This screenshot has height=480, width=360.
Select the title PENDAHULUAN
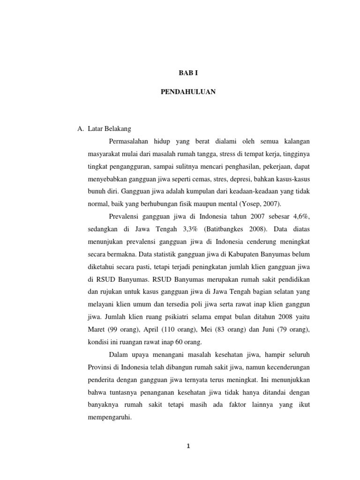(187, 92)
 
